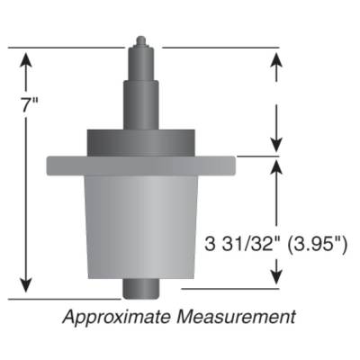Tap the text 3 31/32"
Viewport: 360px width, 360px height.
click(x=237, y=242)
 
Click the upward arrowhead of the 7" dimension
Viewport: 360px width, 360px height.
click(x=27, y=58)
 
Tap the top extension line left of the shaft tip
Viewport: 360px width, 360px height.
click(x=72, y=46)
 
